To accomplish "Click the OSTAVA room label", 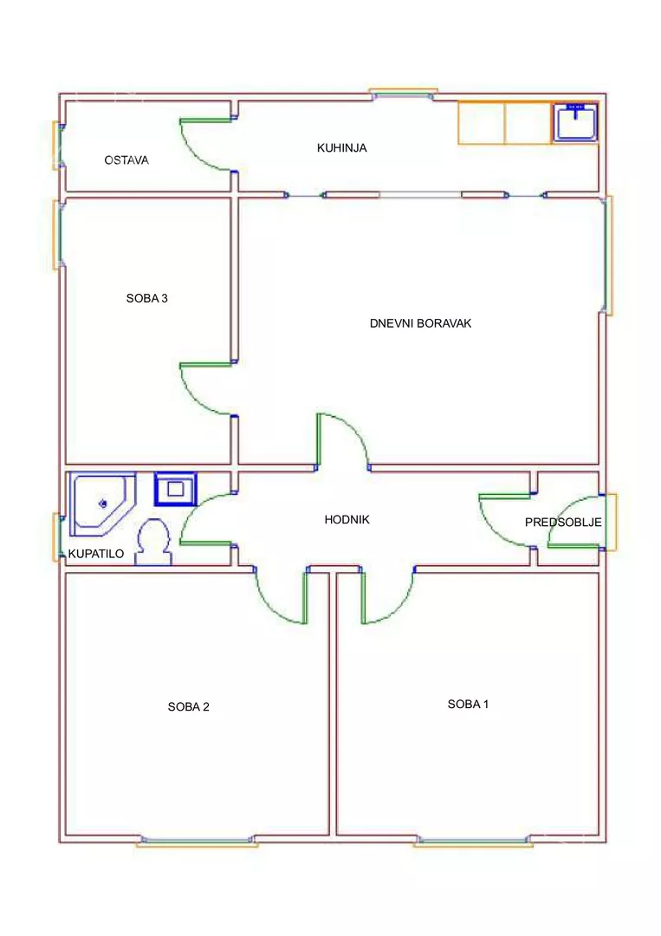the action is (126, 160).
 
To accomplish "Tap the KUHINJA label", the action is (342, 147).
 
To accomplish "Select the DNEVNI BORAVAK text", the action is (420, 323).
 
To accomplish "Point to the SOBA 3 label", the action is (146, 298).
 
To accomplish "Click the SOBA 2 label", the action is (189, 707).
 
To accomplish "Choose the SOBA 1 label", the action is (469, 705).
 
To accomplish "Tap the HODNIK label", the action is (347, 520).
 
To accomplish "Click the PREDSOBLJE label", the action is (563, 523).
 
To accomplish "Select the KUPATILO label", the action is (96, 554).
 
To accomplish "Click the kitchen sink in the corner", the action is (574, 122).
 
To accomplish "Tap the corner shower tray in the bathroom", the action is (102, 504).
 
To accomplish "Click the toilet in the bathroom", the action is (154, 542).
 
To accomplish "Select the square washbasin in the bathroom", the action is (175, 489).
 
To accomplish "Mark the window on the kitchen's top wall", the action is (404, 94).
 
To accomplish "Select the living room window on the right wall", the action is (608, 256).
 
